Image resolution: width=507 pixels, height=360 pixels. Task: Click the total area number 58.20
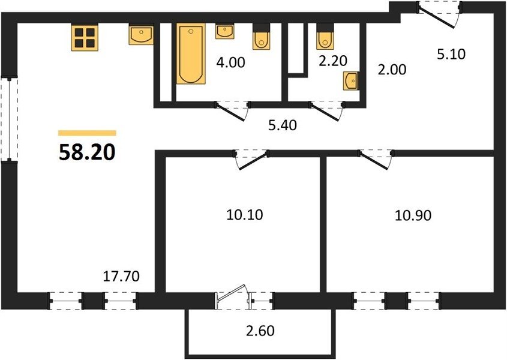[87, 152]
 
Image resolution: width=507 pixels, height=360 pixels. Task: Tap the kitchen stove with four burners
[85, 38]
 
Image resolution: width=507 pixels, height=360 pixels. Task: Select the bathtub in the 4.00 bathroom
[191, 53]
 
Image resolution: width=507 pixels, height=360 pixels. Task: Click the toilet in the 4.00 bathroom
[261, 37]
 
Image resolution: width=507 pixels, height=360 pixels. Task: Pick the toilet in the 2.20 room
[325, 37]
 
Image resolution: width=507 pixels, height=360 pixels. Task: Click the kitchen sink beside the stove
[141, 35]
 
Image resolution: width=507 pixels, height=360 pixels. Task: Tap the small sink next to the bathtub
[225, 31]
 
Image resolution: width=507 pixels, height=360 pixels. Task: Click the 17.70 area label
[121, 276]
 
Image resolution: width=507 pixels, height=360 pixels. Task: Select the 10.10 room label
[245, 215]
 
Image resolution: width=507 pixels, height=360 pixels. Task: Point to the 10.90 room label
[413, 215]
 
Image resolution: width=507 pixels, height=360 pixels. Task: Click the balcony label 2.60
[260, 331]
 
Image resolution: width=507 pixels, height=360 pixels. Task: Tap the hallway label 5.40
[283, 125]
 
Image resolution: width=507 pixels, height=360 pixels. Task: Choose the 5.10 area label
[451, 55]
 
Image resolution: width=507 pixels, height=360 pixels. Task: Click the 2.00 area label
[392, 70]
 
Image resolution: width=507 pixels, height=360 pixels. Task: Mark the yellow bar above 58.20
[87, 133]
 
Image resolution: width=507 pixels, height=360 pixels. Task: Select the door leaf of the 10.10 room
[253, 160]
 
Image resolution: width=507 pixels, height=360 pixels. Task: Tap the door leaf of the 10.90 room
[373, 160]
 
